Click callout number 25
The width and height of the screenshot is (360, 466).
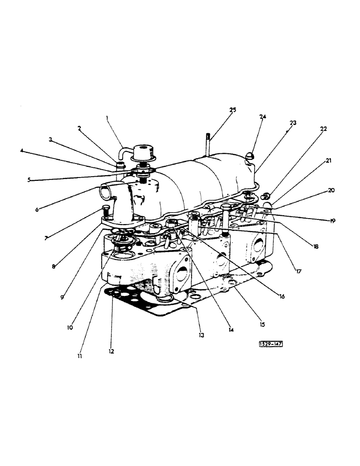[x=233, y=110]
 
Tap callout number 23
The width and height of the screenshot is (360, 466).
[x=293, y=123]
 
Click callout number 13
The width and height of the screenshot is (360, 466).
[x=201, y=335]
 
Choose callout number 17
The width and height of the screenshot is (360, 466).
[x=298, y=270]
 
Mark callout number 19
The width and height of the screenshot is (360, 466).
[x=332, y=221]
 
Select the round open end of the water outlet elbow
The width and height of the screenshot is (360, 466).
[x=104, y=191]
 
